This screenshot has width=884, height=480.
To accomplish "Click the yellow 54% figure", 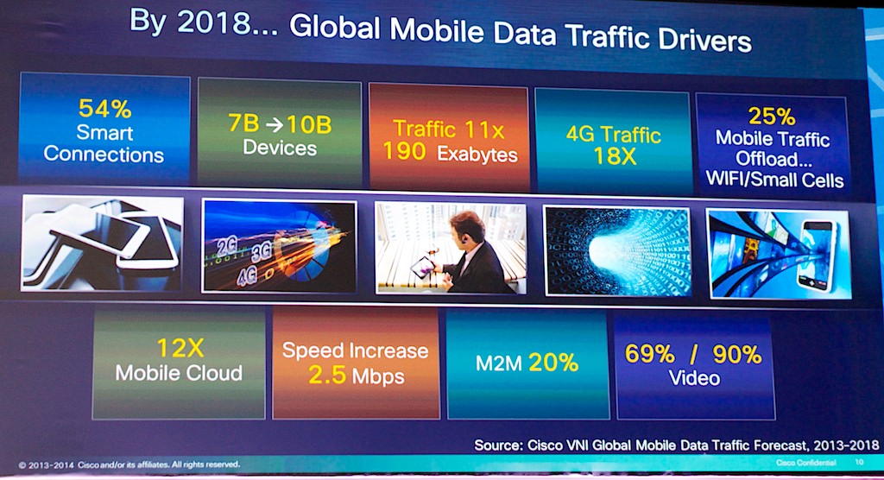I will pyautogui.click(x=104, y=110).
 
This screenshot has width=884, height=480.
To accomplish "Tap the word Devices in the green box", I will pyautogui.click(x=279, y=147).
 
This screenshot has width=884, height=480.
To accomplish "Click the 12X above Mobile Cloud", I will pyautogui.click(x=179, y=349).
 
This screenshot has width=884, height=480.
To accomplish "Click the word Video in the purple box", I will pyautogui.click(x=694, y=378).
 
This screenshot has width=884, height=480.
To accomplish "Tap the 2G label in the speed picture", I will pyautogui.click(x=227, y=245).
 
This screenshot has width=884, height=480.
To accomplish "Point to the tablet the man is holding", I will pyautogui.click(x=424, y=267).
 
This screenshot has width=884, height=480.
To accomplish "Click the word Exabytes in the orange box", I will pyautogui.click(x=477, y=155).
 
